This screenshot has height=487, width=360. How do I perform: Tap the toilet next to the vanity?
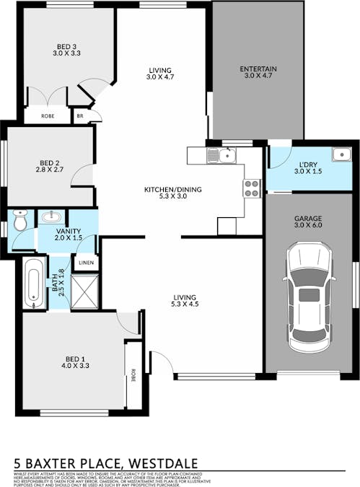point(19,221)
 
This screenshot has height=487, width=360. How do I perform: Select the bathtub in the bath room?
point(33,283)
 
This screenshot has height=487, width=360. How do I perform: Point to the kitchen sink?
point(220,154)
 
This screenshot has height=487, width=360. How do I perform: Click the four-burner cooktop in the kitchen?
point(252,188)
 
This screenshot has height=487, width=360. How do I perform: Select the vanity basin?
point(51,216)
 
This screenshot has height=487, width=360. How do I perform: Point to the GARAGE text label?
point(307,218)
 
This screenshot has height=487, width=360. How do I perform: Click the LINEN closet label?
point(86,262)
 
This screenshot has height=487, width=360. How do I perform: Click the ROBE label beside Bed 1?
point(133,374)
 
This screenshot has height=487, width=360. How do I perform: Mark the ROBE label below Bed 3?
point(47,115)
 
